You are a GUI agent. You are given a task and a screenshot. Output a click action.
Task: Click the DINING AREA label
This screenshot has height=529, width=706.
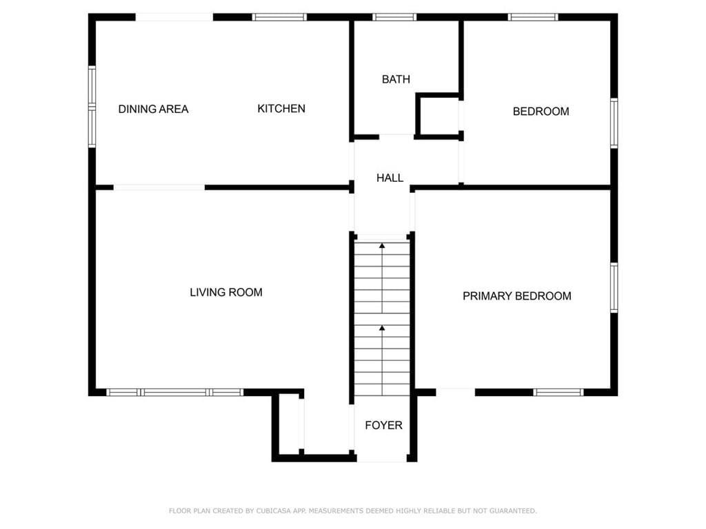153,109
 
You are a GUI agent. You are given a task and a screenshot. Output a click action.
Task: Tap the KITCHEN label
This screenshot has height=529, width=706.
281,108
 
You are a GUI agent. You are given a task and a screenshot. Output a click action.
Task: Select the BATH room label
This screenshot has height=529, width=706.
396,79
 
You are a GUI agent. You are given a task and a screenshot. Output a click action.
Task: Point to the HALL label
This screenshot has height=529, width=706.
390,178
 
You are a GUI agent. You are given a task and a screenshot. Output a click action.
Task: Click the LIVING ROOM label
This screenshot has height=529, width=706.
226,292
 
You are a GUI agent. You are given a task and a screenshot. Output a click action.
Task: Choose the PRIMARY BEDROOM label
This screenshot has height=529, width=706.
517,296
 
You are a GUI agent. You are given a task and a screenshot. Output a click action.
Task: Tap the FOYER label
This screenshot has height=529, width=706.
383,425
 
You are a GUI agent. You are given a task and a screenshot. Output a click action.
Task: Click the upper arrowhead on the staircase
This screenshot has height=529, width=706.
382,246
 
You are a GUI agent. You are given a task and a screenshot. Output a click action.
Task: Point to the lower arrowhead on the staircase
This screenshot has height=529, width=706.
382,328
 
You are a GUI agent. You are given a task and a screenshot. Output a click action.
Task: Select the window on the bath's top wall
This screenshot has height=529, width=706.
394,17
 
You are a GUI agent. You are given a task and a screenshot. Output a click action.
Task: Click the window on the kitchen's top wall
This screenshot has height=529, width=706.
279,17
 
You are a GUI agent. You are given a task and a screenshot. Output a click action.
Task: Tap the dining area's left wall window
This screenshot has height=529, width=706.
92,107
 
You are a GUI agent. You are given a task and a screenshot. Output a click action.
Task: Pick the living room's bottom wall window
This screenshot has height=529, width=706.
175,392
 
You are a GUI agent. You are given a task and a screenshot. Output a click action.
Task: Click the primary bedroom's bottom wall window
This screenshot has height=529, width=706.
558,392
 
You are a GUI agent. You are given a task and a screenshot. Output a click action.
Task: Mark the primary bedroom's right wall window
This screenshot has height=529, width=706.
614,288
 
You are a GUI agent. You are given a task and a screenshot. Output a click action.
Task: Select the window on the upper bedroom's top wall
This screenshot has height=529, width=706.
533,17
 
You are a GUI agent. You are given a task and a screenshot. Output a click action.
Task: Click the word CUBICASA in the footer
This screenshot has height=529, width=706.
274,511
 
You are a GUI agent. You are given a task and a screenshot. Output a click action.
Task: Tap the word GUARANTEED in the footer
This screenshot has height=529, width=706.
513,511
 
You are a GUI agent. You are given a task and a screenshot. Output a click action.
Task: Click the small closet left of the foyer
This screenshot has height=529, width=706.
289,425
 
